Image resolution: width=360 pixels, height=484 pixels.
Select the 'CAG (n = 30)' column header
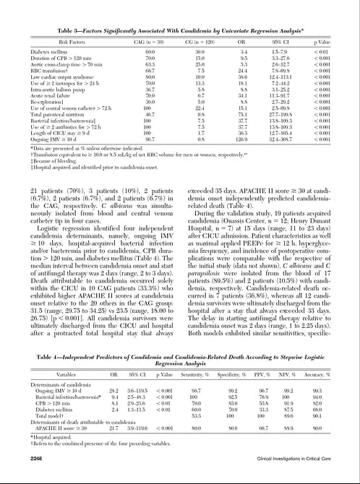point(150,42)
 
